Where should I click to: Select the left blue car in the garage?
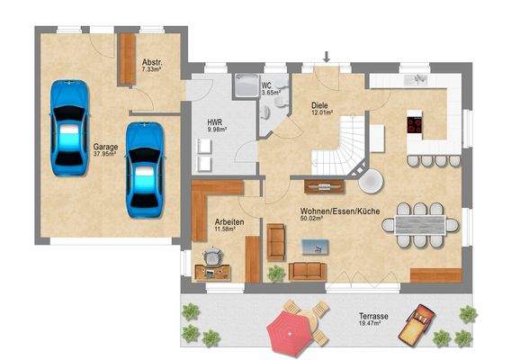tap(68, 127)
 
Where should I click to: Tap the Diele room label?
tap(321, 104)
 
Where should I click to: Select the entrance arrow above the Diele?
tap(327, 58)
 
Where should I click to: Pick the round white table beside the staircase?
tap(370, 181)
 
